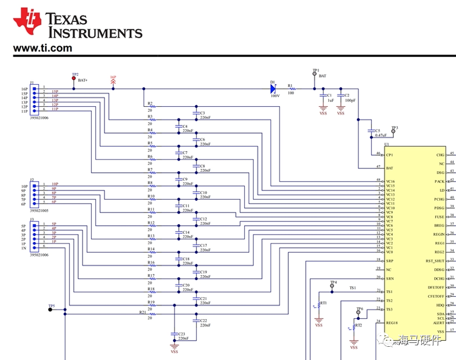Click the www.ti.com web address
[x=42, y=48]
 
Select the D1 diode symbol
[x=273, y=88]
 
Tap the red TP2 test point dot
[x=74, y=79]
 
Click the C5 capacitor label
[x=377, y=130]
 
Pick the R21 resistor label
[x=142, y=312]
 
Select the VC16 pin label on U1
[x=390, y=181]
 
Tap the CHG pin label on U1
[x=439, y=155]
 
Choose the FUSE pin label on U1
[x=439, y=217]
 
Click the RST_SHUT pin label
[x=435, y=261]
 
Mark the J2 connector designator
[x=32, y=180]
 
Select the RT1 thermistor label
[x=323, y=303]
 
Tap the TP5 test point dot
[x=50, y=309]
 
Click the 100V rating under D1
[x=275, y=95]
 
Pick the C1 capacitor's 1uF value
[x=331, y=101]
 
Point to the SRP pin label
[x=389, y=260]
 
